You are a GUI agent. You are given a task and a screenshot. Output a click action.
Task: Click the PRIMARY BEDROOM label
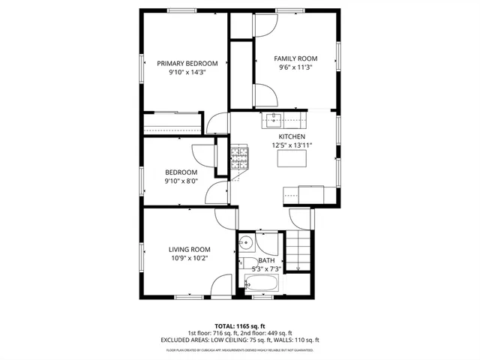point(187,64)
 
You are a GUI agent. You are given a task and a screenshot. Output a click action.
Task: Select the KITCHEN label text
point(292,136)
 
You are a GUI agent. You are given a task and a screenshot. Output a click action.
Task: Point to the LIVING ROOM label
point(189,250)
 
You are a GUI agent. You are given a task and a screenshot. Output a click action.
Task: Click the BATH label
point(267,261)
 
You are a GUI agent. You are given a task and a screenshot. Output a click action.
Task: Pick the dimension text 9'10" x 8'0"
point(181,181)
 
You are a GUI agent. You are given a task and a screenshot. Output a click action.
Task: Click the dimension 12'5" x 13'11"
point(292,145)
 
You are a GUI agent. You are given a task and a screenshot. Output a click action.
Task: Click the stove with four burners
point(239,157)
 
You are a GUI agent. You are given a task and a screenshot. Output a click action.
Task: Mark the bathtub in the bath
point(262,285)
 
